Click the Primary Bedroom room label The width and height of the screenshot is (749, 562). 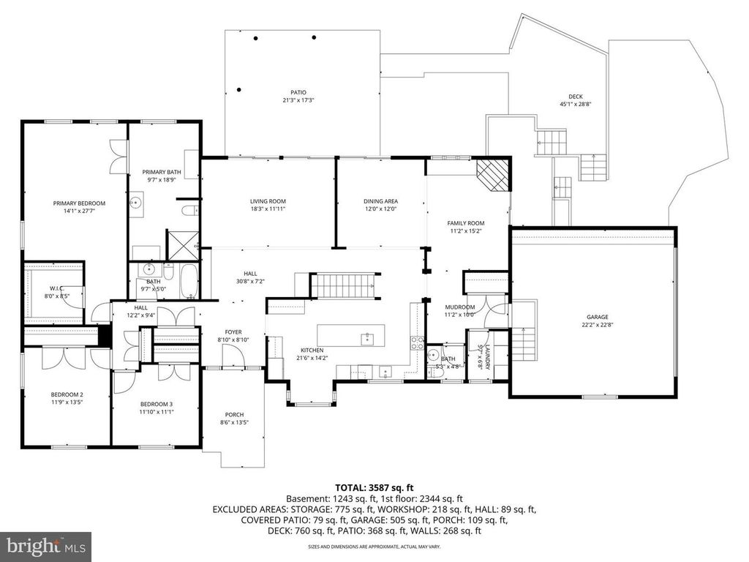pyautogui.click(x=79, y=203)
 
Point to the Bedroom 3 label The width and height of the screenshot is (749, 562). pyautogui.click(x=156, y=404)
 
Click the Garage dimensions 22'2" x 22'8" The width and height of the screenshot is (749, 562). pyautogui.click(x=596, y=325)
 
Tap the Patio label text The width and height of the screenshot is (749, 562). pyautogui.click(x=293, y=92)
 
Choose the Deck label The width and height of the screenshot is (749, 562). pyautogui.click(x=576, y=97)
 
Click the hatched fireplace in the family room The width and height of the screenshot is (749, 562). pyautogui.click(x=491, y=176)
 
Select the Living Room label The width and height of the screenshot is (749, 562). pyautogui.click(x=268, y=201)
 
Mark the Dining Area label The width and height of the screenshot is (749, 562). pyautogui.click(x=380, y=201)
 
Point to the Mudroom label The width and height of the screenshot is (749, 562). pyautogui.click(x=460, y=307)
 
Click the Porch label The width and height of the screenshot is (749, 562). pyautogui.click(x=234, y=415)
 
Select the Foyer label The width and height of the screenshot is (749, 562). pyautogui.click(x=233, y=331)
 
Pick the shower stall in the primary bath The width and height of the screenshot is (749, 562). pyautogui.click(x=178, y=244)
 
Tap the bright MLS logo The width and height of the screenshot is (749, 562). pyautogui.click(x=46, y=546)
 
